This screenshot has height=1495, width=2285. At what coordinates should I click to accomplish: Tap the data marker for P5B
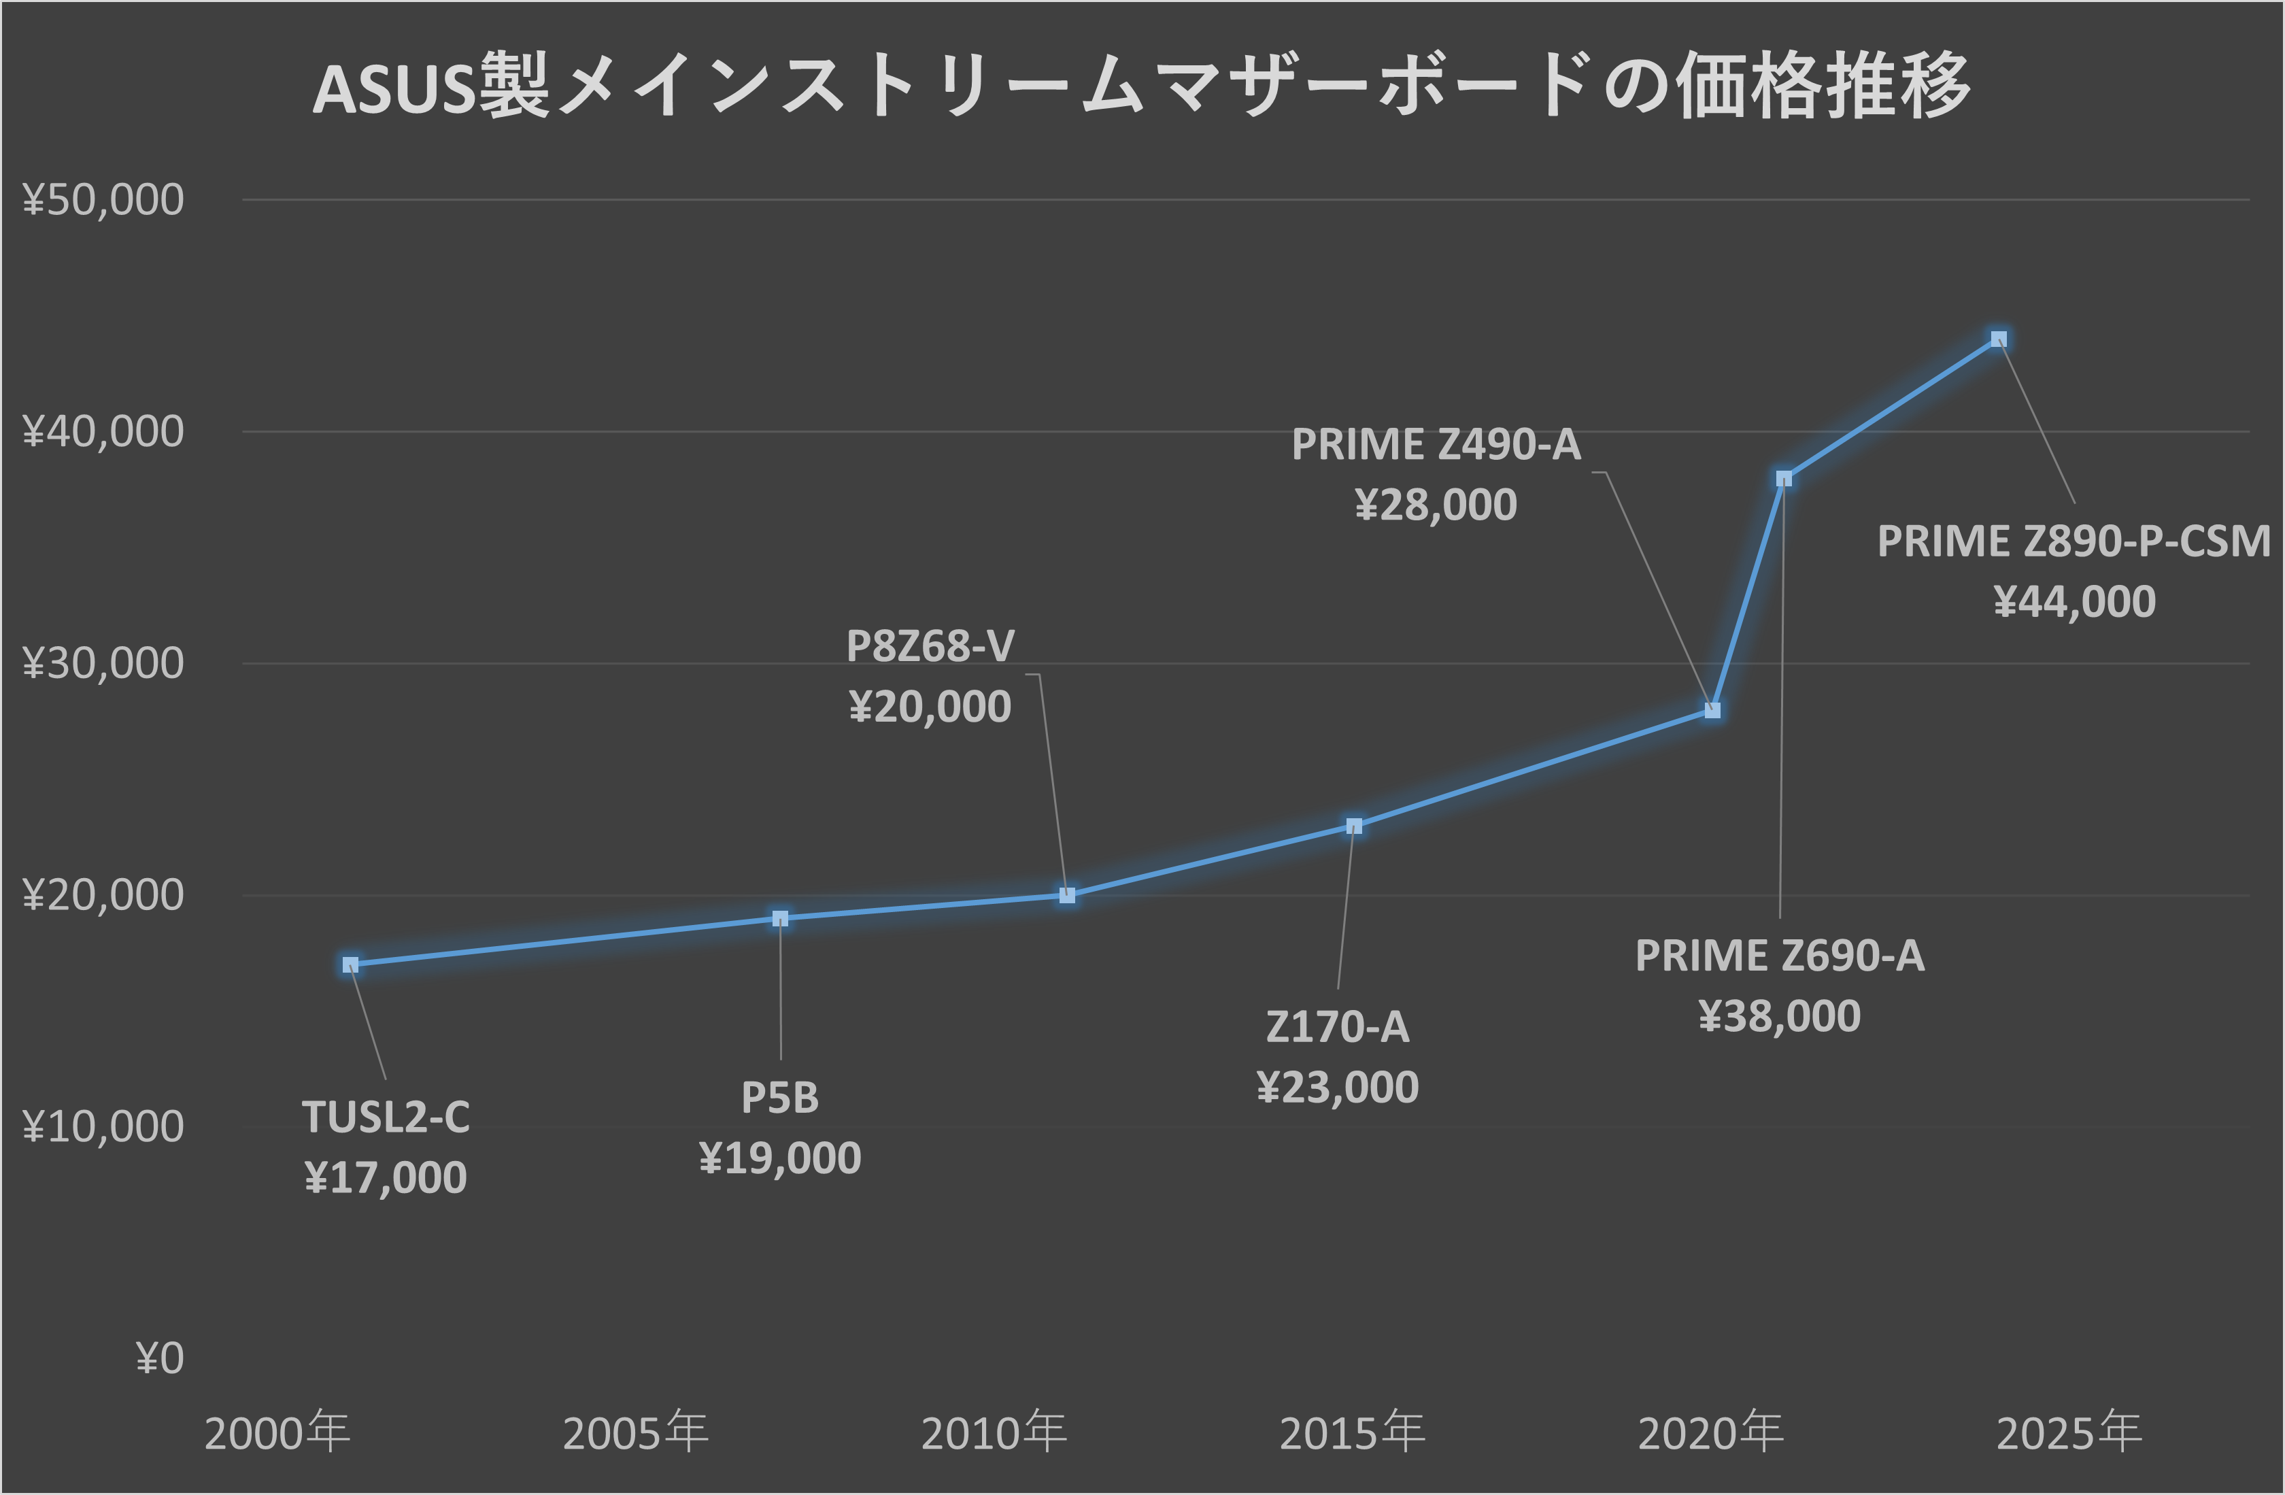781,918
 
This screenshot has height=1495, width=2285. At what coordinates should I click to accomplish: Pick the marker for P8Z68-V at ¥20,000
1066,895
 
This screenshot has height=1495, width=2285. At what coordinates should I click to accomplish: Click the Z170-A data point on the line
1354,826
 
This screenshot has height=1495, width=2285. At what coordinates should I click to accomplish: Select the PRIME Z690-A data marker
1784,478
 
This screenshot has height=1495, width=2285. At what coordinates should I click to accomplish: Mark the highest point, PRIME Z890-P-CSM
1999,339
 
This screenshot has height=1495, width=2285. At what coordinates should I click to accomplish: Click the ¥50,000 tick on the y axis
103,200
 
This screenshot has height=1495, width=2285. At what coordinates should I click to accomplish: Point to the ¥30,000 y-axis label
103,663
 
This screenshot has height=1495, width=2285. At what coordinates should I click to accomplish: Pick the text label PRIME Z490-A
1436,445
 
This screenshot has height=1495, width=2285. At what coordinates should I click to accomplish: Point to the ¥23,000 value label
1338,1087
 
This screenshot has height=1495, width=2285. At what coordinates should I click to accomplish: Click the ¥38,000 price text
1779,1016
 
